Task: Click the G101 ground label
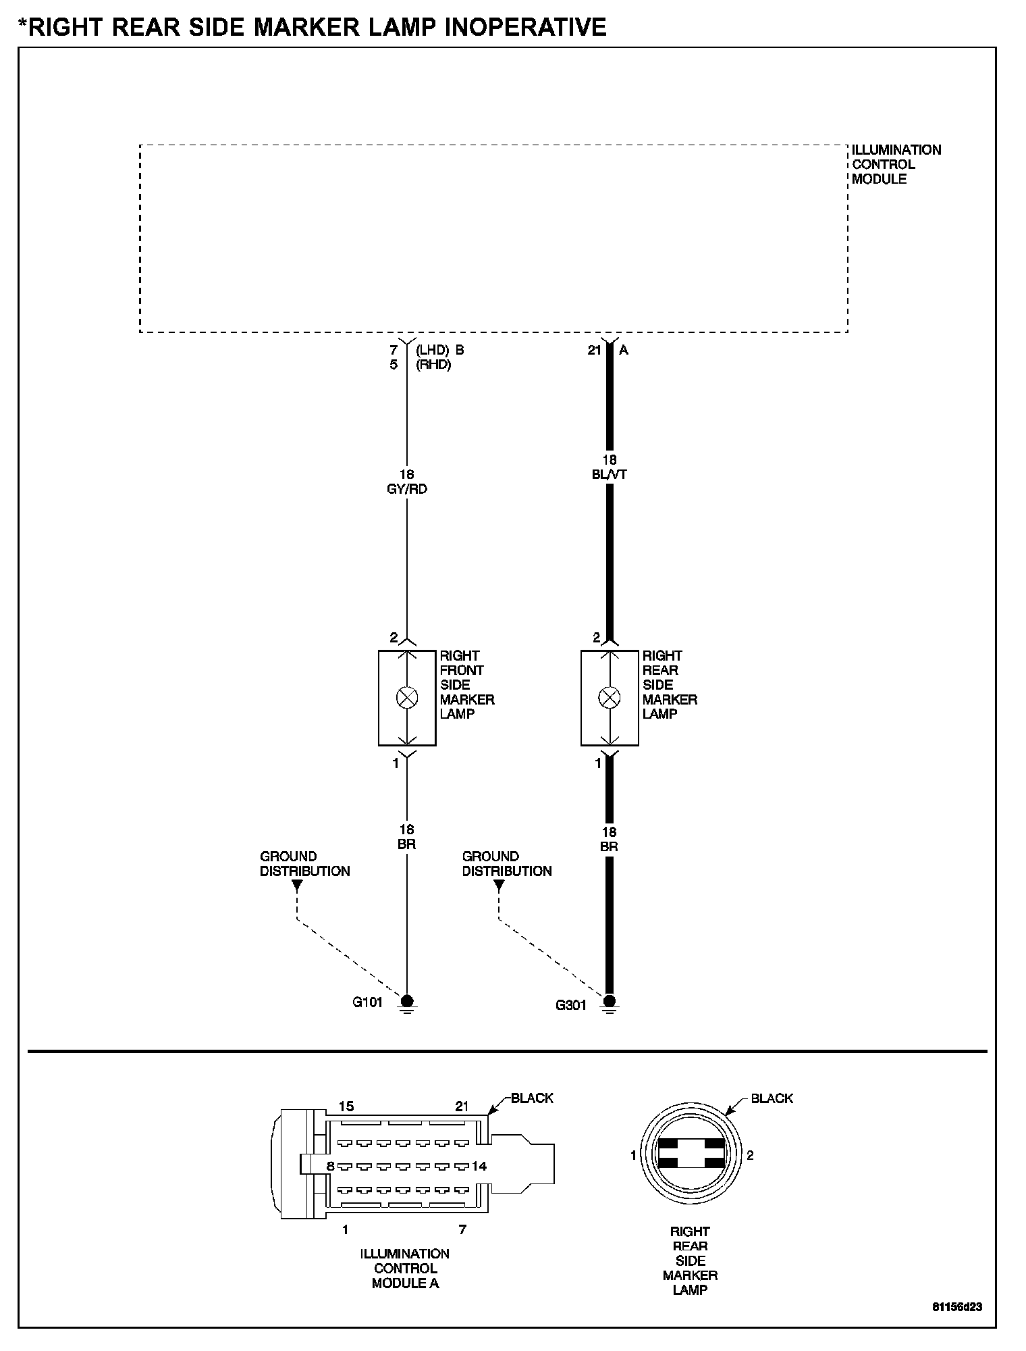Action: click(367, 1002)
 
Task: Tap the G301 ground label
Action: click(570, 1005)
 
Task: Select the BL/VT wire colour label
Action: click(609, 475)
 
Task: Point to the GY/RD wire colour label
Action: click(407, 489)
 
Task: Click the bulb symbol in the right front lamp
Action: click(407, 698)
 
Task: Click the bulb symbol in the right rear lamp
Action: click(610, 698)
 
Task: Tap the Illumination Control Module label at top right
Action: click(896, 164)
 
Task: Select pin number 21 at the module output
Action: click(594, 351)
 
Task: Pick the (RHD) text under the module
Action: click(433, 365)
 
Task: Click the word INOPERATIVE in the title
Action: click(499, 26)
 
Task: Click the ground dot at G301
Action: click(610, 1000)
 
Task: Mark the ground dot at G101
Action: click(407, 1000)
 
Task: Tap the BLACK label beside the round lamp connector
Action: click(772, 1098)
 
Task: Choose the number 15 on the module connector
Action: click(346, 1106)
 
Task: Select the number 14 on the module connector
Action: click(480, 1166)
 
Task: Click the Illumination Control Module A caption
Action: click(405, 1268)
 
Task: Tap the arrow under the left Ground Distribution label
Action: click(296, 886)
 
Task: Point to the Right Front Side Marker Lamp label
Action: click(467, 684)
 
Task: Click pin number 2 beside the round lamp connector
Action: click(750, 1155)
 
